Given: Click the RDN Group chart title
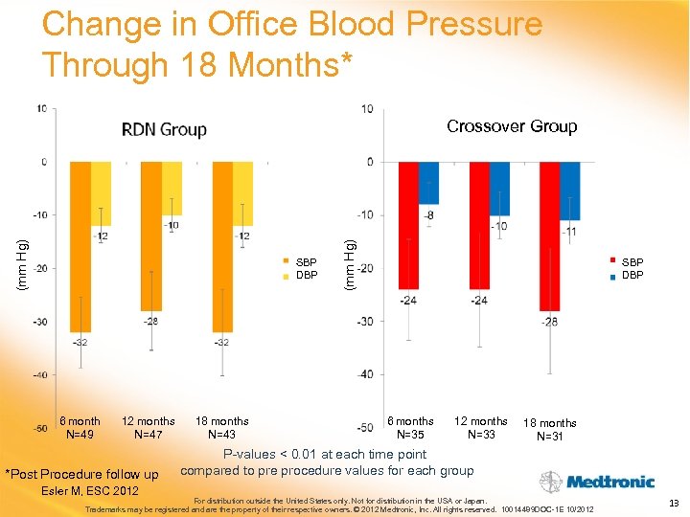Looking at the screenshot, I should click(164, 129).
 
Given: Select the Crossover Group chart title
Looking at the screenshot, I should click(512, 126).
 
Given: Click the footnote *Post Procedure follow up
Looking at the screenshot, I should click(82, 475).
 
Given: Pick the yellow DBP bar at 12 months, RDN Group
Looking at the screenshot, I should click(172, 188).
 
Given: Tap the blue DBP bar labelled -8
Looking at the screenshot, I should click(428, 182).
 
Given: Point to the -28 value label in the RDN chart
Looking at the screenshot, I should click(150, 320).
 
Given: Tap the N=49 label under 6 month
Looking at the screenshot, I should click(80, 435).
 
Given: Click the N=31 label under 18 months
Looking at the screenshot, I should click(550, 437).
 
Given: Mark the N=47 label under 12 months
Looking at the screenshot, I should click(148, 435).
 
